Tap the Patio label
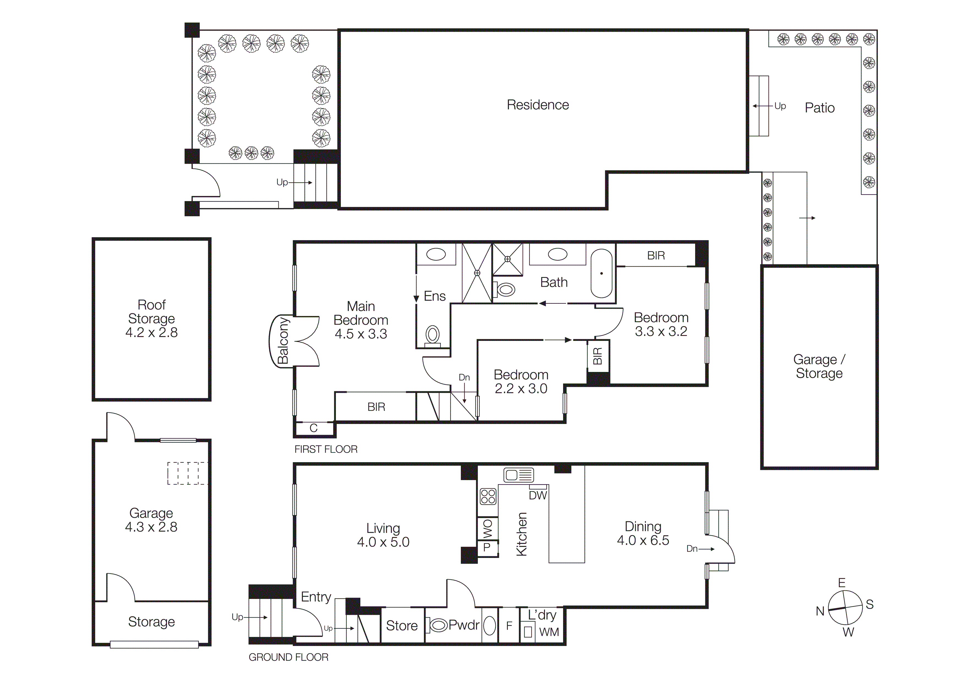click(x=819, y=108)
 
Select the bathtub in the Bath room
click(x=601, y=273)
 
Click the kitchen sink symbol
click(x=519, y=475)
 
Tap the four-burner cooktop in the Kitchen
click(x=488, y=496)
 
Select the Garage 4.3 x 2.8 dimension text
click(x=151, y=527)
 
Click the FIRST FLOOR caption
click(x=326, y=449)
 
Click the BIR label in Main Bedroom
click(x=376, y=407)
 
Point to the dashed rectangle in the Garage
click(x=187, y=473)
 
